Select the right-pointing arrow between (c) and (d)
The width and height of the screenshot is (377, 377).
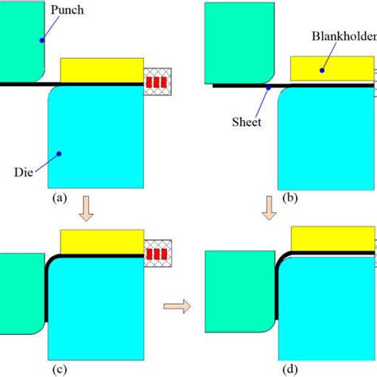pos(179,304)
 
